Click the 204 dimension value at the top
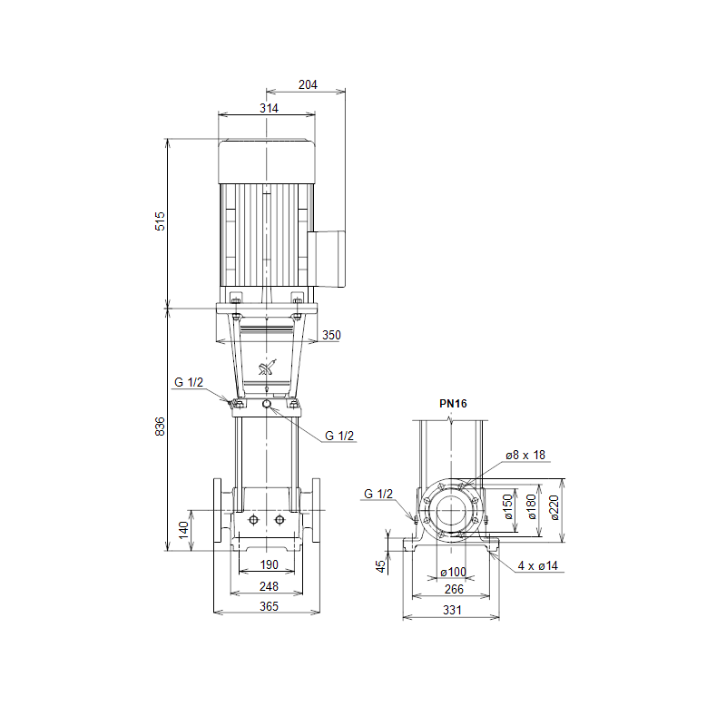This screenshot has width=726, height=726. (x=308, y=84)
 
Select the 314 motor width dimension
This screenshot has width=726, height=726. (x=269, y=108)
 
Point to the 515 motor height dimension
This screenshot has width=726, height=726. (x=160, y=221)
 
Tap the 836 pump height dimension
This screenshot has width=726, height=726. (x=160, y=427)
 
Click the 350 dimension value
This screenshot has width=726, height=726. (x=331, y=335)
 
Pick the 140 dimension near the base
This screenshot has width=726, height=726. (x=184, y=530)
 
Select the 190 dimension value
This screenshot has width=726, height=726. (x=269, y=564)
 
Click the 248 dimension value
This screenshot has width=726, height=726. (x=269, y=586)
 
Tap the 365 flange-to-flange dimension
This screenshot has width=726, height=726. (x=269, y=606)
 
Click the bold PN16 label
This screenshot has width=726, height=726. (x=453, y=404)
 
